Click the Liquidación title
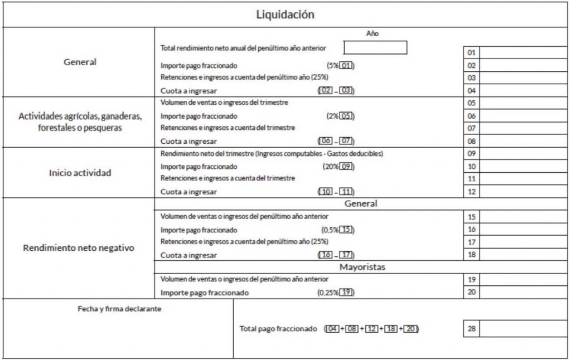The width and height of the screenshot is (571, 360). click(285, 14)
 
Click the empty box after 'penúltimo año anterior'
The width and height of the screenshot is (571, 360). click(375, 48)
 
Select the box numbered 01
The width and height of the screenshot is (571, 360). click(471, 52)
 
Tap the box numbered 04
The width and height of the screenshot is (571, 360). click(471, 90)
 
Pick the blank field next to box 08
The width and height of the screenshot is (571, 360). click(523, 141)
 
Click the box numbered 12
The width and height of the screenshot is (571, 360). click(471, 192)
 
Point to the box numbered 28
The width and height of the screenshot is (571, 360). click(471, 329)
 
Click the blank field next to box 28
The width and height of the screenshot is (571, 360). click(523, 329)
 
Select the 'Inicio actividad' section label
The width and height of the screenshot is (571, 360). click(80, 173)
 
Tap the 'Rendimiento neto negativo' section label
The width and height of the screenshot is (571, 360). click(79, 248)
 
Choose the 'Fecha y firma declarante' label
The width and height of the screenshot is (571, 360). click(119, 309)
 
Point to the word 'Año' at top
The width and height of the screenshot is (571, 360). click(372, 33)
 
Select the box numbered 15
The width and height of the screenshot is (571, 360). click(471, 217)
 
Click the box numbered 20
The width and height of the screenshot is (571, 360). click(471, 292)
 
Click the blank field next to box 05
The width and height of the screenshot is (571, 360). click(523, 103)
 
